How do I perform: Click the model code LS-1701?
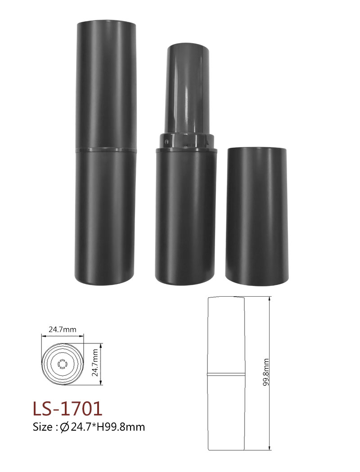pyautogui.click(x=67, y=409)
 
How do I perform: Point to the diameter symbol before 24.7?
pyautogui.click(x=65, y=427)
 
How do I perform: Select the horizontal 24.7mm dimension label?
pyautogui.click(x=63, y=330)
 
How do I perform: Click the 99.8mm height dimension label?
pyautogui.click(x=265, y=373)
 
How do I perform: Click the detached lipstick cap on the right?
pyautogui.click(x=256, y=215)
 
